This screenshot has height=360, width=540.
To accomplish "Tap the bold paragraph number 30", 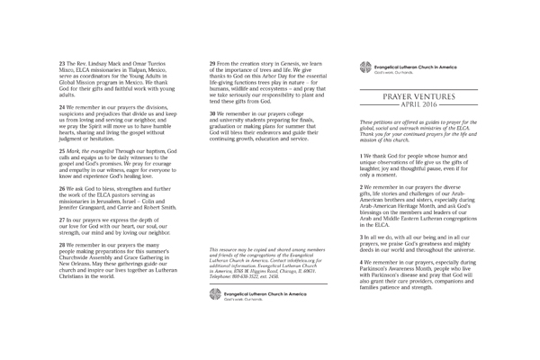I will click(x=212, y=115).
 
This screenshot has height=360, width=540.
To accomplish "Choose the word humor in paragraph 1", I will click(x=465, y=155).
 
